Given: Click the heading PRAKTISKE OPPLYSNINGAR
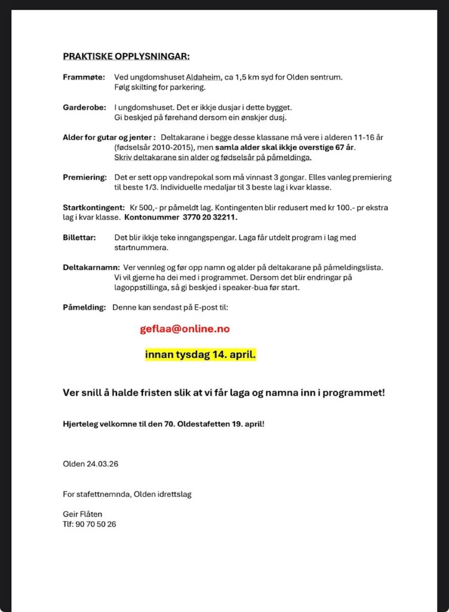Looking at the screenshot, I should [126, 57].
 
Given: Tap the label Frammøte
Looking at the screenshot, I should [84, 77].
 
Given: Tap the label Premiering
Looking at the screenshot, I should [85, 178].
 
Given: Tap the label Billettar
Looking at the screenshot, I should [80, 237].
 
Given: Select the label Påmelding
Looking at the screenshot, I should [84, 307].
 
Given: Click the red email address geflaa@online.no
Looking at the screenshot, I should [185, 329].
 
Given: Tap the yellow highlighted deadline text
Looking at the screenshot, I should [200, 355].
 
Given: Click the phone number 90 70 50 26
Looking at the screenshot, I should [96, 524].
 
